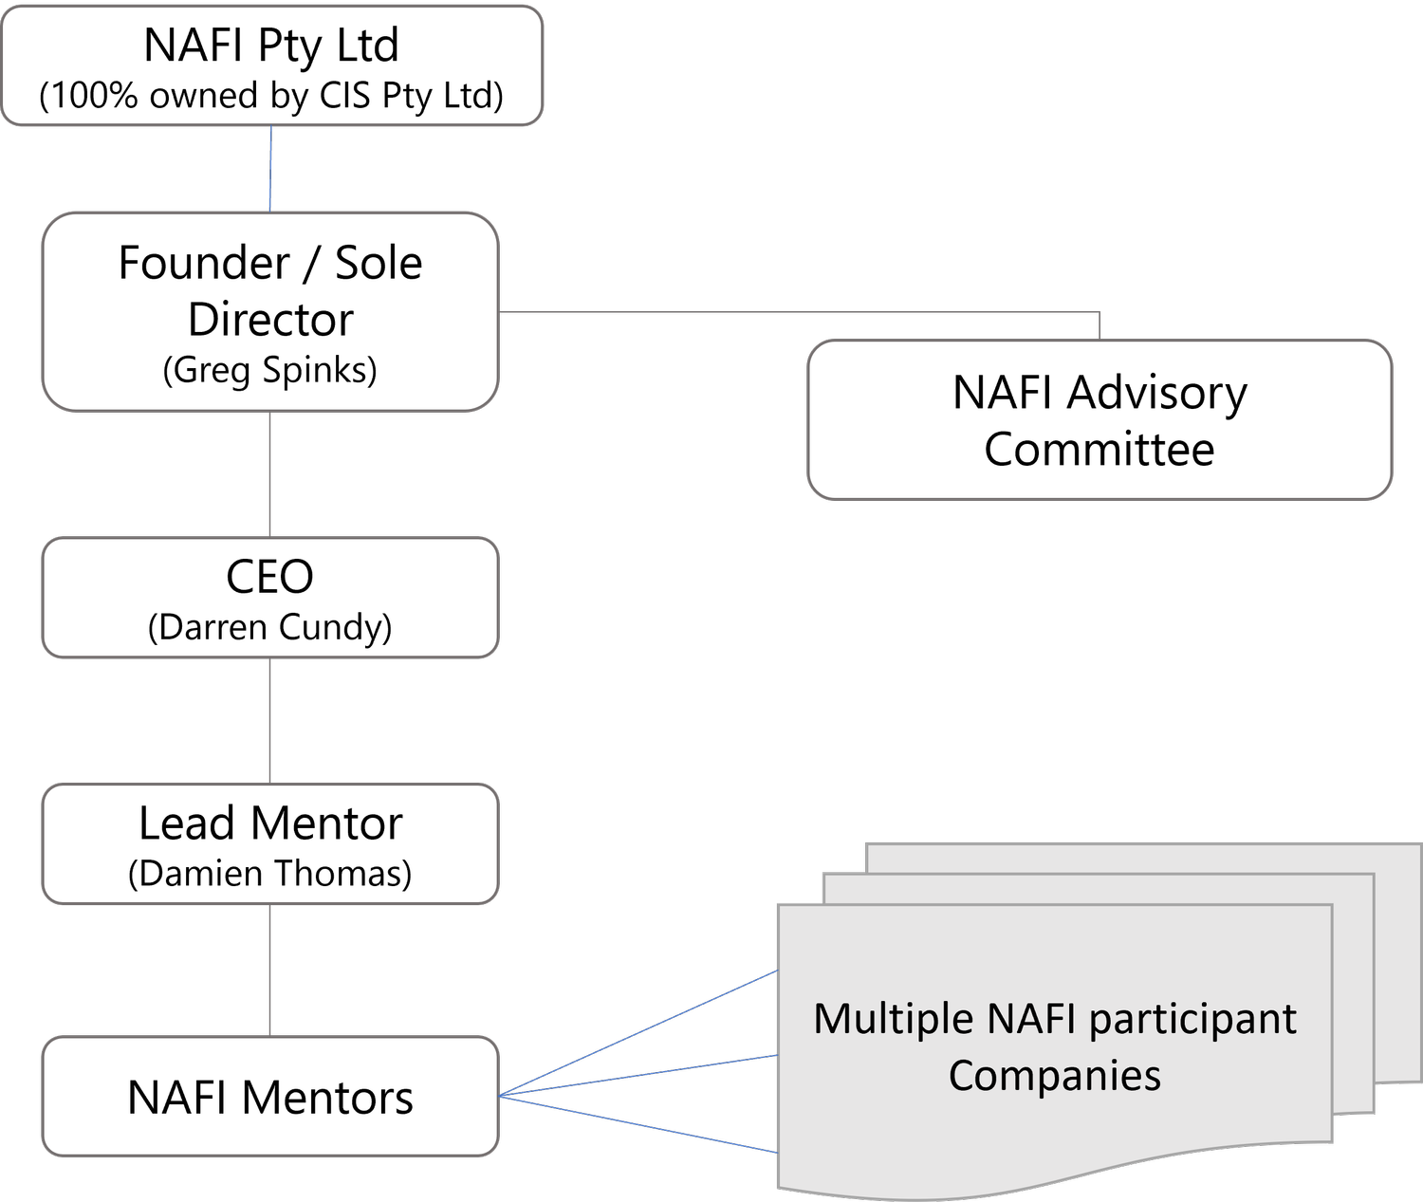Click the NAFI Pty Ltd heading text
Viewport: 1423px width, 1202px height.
[x=270, y=46]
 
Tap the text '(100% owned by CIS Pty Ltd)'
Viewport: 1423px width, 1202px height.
[x=270, y=96]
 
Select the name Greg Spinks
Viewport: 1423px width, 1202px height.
[x=270, y=369]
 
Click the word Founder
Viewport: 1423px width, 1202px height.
[x=204, y=263]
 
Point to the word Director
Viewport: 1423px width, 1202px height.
[x=270, y=320]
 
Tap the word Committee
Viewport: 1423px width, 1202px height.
[x=1099, y=449]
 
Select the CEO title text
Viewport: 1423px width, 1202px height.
[x=269, y=576]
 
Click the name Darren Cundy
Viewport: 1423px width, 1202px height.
[x=270, y=627]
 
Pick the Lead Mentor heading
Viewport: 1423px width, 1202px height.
[x=270, y=823]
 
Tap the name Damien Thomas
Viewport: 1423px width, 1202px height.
[x=270, y=873]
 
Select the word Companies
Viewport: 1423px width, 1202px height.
[x=1054, y=1075]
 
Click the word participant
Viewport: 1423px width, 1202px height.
[x=1192, y=1020]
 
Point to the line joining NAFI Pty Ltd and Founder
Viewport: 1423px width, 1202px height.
[x=270, y=168]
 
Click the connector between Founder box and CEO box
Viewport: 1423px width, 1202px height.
[x=270, y=473]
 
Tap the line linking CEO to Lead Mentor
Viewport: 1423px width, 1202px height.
[x=270, y=720]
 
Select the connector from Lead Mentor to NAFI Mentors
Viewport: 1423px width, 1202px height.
[x=270, y=970]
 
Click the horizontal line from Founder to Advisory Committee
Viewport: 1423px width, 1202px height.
[x=797, y=311]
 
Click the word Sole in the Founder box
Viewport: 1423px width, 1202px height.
[x=378, y=263]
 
